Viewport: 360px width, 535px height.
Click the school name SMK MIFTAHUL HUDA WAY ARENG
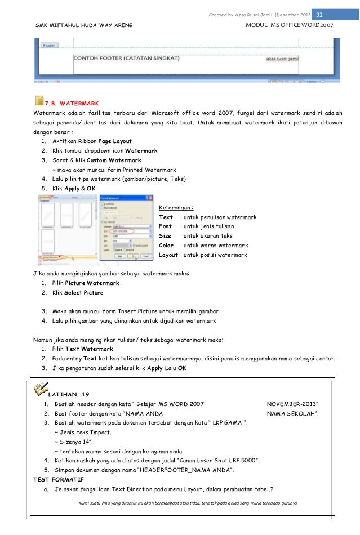click(x=81, y=26)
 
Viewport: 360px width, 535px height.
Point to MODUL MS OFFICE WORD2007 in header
click(x=293, y=26)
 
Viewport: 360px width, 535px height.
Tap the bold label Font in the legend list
click(x=166, y=226)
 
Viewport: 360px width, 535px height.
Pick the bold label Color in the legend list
click(x=166, y=246)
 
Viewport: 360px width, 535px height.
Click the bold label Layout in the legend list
click(x=168, y=255)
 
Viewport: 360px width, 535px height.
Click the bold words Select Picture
click(x=83, y=293)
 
